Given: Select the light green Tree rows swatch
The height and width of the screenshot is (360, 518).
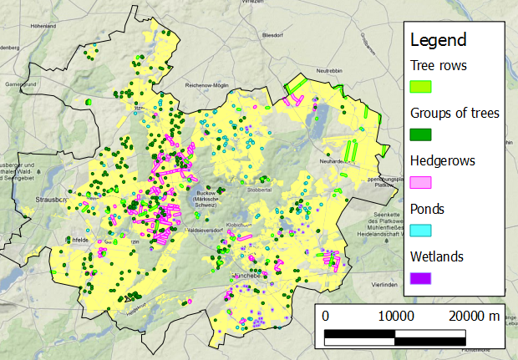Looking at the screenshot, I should click(420, 86).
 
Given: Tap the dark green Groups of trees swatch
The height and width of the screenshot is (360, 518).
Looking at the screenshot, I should click(420, 134).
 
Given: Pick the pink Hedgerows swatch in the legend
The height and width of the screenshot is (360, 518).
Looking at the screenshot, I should click(420, 181).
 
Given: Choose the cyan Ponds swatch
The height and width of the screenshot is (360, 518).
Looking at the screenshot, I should click(420, 229).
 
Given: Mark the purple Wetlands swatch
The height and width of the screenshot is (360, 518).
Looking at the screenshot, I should click(420, 276).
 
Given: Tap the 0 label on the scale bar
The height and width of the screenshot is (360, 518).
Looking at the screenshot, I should click(325, 316).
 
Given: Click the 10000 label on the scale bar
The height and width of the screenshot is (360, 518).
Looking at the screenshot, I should click(396, 316).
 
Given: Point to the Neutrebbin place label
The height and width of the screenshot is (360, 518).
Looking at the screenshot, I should click(329, 70).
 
